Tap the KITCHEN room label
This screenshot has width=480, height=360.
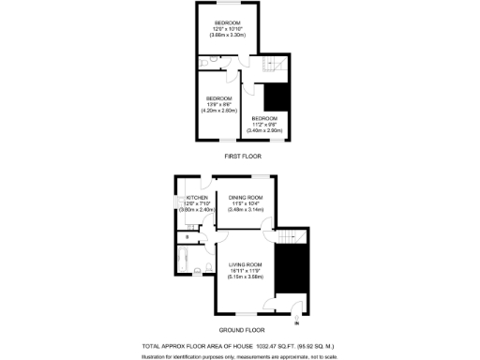pyautogui.click(x=196, y=198)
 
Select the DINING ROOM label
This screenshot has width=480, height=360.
pyautogui.click(x=246, y=197)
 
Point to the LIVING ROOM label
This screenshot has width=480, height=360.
pyautogui.click(x=245, y=265)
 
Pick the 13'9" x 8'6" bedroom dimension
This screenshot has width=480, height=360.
pyautogui.click(x=220, y=104)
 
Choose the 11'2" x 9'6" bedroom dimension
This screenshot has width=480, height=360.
pyautogui.click(x=264, y=125)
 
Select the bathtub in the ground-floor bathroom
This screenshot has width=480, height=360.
pyautogui.click(x=183, y=261)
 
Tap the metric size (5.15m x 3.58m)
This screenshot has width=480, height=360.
pyautogui.click(x=245, y=277)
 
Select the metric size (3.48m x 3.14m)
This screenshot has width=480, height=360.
pyautogui.click(x=246, y=210)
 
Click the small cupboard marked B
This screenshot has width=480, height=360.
pyautogui.click(x=187, y=237)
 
